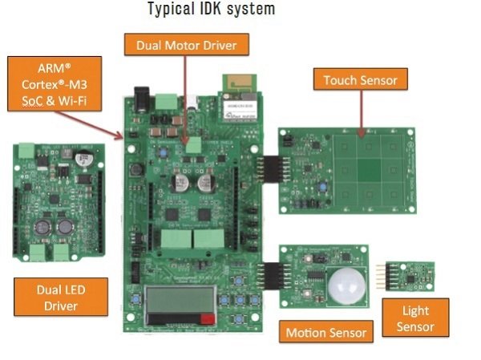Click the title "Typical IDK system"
click(211, 10)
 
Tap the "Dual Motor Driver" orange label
click(186, 44)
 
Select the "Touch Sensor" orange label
click(360, 79)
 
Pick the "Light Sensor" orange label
click(415, 318)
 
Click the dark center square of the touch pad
click(369, 170)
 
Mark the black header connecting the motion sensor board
click(268, 277)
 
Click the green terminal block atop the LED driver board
click(27, 149)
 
